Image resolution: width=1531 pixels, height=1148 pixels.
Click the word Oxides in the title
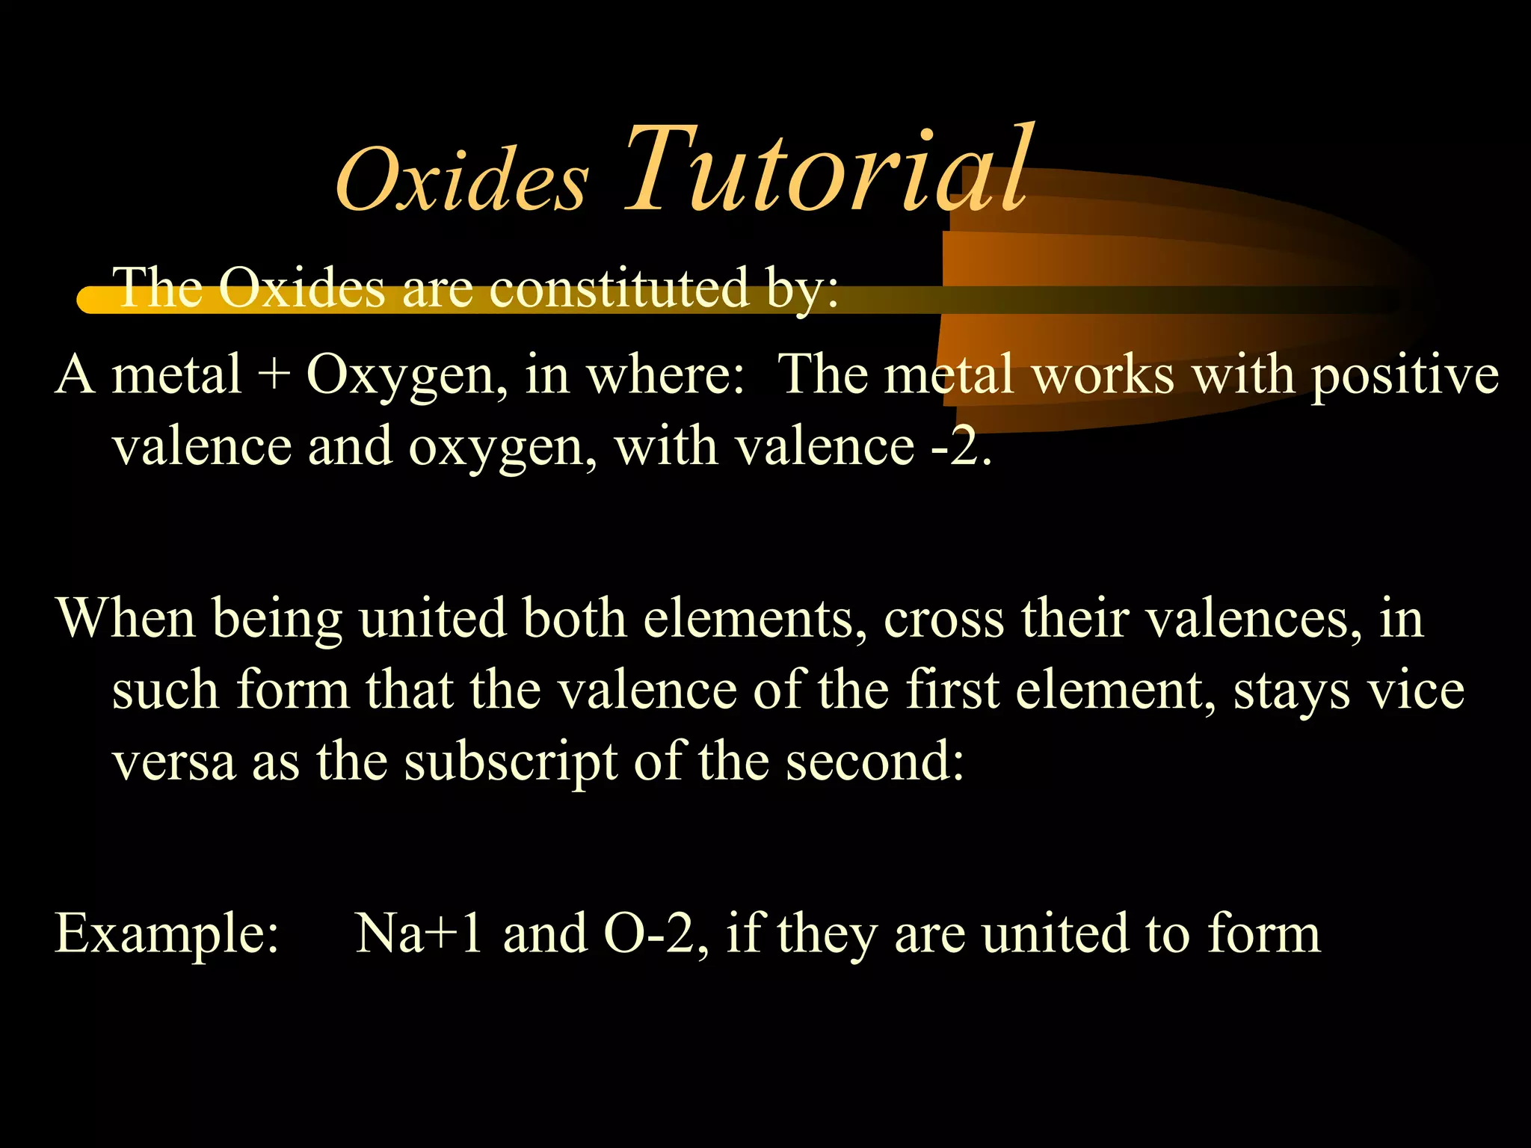click(461, 179)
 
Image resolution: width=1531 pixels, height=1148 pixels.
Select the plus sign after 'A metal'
click(274, 374)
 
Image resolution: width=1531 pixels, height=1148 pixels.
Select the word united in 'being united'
click(433, 619)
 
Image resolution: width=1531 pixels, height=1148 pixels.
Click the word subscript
click(511, 762)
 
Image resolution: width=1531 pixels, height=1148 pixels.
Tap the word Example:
click(167, 934)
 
